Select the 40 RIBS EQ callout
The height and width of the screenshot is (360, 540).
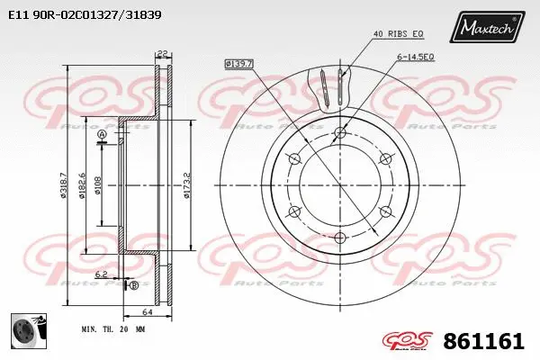coord(398,35)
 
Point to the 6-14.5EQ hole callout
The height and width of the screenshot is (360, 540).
coord(415,56)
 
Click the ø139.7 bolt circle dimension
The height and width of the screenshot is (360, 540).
coord(239,63)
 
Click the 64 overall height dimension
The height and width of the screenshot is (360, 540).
coord(144,311)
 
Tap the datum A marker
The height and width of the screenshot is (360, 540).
coord(102,135)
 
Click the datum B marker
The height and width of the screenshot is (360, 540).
coord(133,285)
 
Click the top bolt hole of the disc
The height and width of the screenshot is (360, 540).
coord(339,135)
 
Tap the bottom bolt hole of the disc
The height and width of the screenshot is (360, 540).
coord(339,238)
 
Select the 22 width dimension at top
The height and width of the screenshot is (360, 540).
coord(162,53)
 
